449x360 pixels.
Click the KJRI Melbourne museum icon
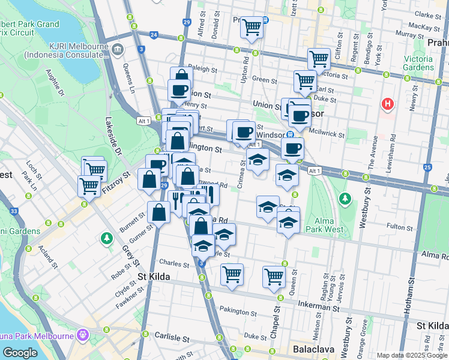(x=117, y=48)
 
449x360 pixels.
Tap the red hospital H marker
(x=388, y=104)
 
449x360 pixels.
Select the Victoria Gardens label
(x=418, y=63)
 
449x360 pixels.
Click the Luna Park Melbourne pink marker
(x=82, y=334)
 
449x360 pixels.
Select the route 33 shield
(x=14, y=211)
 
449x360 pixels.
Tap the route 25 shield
(x=427, y=167)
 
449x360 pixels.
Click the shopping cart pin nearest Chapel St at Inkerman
(x=274, y=277)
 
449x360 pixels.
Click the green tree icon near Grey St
(x=106, y=239)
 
